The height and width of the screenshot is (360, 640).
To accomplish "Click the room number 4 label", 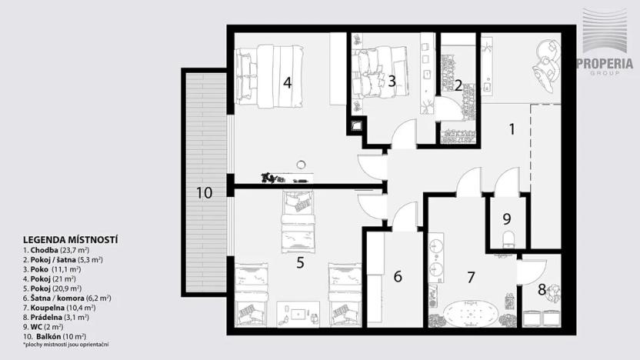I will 287,82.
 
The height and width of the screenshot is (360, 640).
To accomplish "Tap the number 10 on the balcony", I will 204,193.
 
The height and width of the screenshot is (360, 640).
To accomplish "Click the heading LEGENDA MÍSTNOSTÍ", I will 70,239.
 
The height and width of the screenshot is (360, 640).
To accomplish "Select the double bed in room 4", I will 269,75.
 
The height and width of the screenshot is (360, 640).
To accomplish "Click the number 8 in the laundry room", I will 542,290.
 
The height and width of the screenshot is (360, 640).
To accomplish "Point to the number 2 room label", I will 458,85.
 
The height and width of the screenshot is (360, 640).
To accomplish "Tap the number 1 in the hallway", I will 512,129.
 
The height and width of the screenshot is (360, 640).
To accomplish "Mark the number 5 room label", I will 301,262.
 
